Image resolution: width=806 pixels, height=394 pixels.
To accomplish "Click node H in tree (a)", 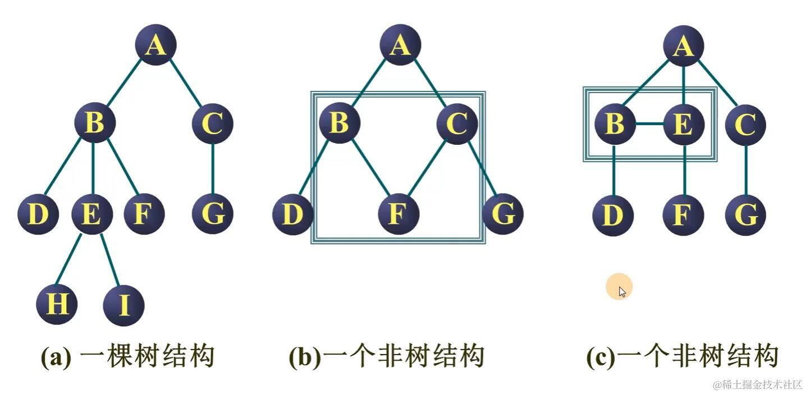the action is click(x=57, y=304).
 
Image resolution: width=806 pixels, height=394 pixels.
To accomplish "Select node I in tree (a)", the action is click(x=124, y=306).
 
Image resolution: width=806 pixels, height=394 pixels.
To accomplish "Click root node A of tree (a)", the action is click(x=155, y=45).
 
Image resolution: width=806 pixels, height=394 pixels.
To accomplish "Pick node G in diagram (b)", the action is click(x=502, y=214).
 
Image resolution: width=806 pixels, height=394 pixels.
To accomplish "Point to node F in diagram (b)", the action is click(x=398, y=214).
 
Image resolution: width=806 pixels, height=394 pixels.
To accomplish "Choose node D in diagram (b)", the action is click(x=292, y=214).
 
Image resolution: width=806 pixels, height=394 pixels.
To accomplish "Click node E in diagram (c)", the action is click(x=683, y=124).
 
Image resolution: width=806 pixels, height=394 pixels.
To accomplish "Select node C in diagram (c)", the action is click(x=745, y=124).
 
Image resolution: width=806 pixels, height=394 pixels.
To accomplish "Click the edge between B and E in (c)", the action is click(x=649, y=124).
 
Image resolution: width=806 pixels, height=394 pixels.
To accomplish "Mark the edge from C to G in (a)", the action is click(x=212, y=168).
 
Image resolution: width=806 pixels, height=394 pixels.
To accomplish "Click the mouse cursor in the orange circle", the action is click(x=622, y=291).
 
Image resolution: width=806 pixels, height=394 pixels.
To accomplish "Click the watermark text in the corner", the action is click(x=757, y=385).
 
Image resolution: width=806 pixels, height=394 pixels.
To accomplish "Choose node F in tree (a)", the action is click(x=144, y=214).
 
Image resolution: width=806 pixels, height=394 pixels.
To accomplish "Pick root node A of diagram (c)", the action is click(x=683, y=45).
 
